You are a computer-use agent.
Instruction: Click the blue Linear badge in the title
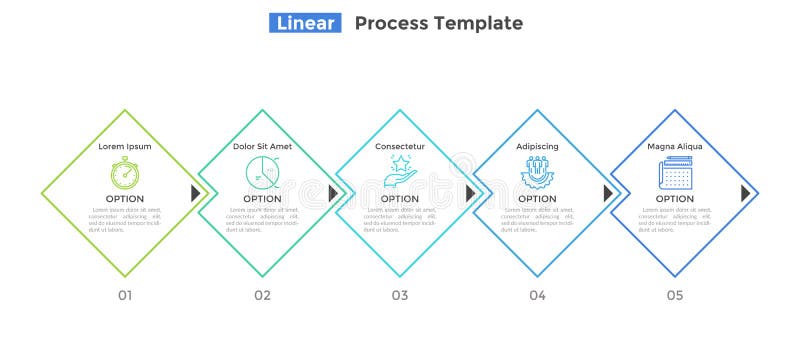[305, 23]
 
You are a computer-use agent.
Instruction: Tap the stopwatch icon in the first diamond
[125, 172]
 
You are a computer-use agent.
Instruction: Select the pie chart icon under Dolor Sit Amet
[262, 172]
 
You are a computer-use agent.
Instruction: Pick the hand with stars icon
[400, 171]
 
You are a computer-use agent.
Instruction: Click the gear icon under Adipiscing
[537, 172]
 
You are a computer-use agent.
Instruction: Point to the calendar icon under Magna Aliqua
[675, 172]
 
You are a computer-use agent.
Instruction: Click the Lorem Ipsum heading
[125, 146]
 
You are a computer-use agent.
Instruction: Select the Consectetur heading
[400, 146]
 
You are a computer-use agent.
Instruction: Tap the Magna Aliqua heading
[675, 146]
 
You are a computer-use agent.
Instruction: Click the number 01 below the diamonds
[125, 295]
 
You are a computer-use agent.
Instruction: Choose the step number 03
[400, 295]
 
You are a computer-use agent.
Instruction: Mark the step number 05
[675, 295]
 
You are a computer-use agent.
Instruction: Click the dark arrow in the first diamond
[196, 193]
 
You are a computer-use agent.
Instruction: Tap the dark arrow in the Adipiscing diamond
[608, 193]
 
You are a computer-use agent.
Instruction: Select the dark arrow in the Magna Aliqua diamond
[746, 193]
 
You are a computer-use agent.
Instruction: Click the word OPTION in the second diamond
[262, 199]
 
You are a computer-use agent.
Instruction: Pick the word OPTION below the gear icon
[537, 199]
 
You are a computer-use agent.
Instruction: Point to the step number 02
[262, 295]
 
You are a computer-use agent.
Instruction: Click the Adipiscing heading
[537, 146]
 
